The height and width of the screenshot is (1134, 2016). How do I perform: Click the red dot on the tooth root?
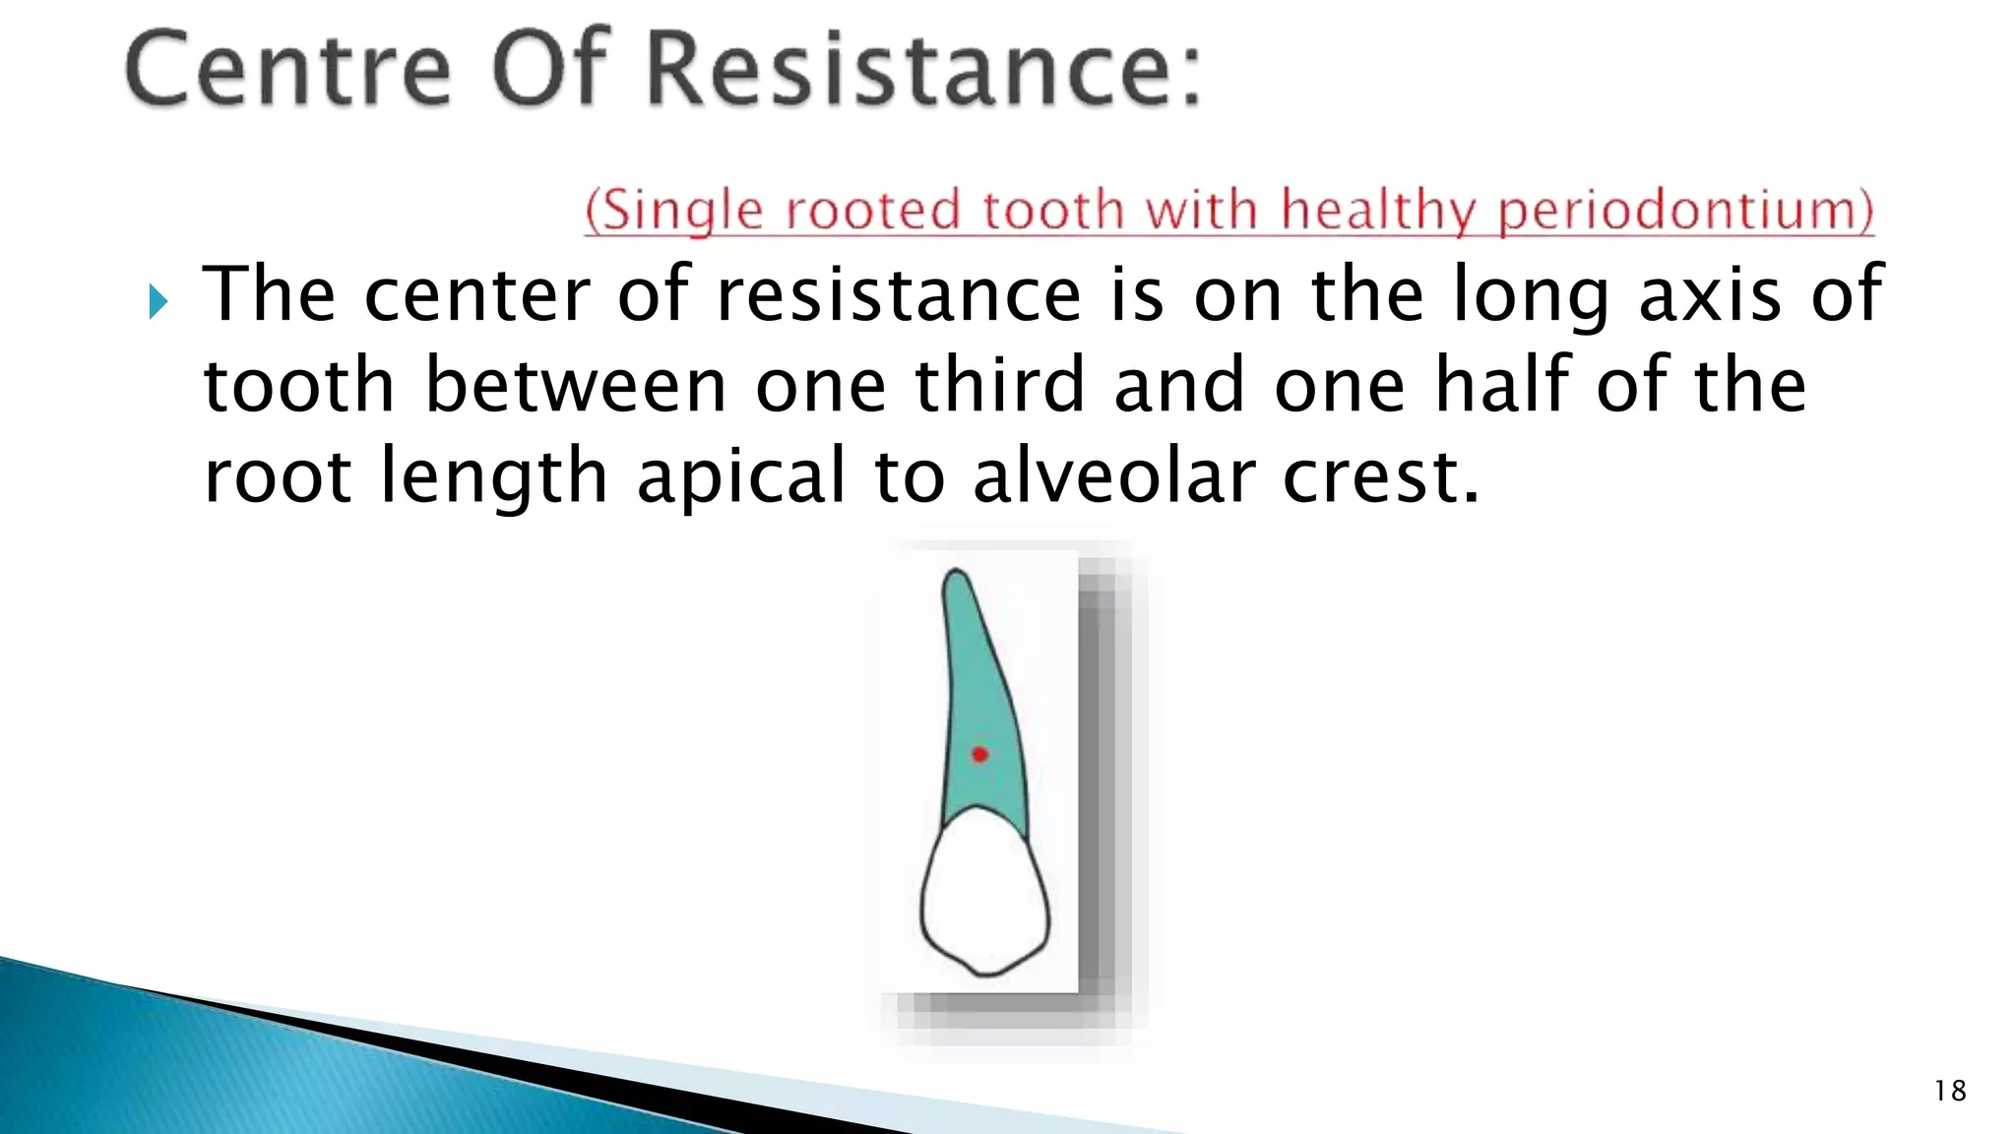click(x=979, y=755)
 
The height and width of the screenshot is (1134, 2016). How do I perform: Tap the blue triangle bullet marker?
click(x=158, y=301)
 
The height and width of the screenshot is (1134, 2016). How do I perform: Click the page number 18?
click(x=1950, y=1091)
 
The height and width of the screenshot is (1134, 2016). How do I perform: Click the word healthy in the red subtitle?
click(x=1379, y=211)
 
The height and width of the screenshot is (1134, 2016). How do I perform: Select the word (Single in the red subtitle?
click(x=674, y=211)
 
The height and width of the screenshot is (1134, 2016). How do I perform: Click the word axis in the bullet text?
click(x=1710, y=294)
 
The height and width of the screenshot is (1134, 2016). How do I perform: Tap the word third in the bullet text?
click(x=1000, y=385)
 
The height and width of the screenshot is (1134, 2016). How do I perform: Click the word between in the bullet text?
click(x=576, y=385)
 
